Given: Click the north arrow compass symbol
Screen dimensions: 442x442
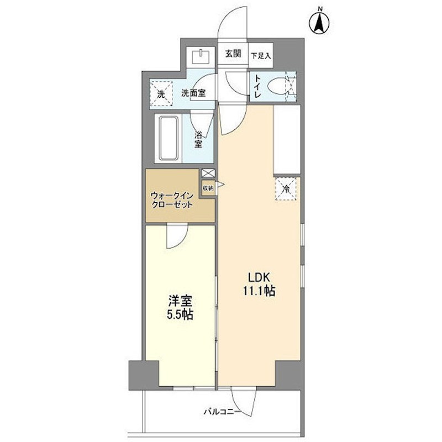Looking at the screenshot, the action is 320,22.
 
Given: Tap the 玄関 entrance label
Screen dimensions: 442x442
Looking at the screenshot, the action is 233,54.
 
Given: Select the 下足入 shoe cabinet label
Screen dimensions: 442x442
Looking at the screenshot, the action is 261,56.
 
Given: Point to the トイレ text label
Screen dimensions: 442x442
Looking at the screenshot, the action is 257,87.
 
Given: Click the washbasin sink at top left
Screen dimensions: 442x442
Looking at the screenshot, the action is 201,57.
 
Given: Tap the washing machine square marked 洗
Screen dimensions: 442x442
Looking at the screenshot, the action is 161,94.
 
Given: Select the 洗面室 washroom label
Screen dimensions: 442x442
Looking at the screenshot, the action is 193,93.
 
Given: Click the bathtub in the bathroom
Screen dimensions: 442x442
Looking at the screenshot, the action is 169,138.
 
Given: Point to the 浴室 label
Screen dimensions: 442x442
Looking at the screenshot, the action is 198,140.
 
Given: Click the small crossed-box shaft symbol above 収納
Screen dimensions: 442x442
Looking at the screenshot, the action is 208,173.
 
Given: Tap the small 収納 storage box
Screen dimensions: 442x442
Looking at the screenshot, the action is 208,187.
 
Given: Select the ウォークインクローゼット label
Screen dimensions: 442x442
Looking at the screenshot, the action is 172,200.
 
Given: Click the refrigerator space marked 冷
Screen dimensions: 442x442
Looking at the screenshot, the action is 286,189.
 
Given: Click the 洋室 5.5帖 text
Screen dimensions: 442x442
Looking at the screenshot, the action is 180,308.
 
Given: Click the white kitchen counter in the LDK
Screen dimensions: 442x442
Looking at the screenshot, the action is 287,139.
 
